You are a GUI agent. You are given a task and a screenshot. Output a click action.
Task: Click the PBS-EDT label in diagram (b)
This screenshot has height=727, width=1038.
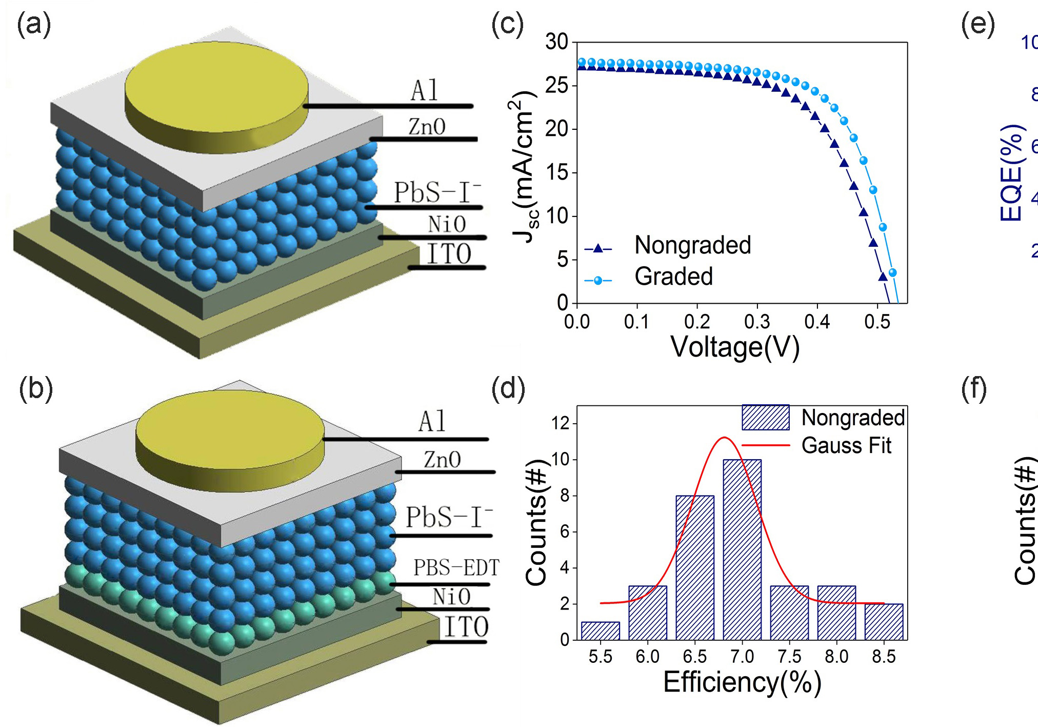tap(456, 568)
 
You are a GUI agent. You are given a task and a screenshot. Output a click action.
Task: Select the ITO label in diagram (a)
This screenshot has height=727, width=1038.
tap(449, 254)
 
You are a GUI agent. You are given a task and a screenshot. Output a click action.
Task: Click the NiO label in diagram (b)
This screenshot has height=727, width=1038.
tap(451, 597)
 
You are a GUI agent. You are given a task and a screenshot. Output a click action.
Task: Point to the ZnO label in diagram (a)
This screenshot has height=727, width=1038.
tap(427, 127)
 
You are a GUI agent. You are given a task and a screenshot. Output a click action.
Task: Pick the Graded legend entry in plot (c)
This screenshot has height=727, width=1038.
tap(673, 277)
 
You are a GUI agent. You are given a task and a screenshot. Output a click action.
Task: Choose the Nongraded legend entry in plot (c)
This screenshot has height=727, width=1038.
tap(692, 245)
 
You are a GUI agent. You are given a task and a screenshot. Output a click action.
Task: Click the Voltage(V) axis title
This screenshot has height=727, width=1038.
tap(734, 347)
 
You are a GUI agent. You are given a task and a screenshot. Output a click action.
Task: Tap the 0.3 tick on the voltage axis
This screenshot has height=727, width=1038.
tap(757, 322)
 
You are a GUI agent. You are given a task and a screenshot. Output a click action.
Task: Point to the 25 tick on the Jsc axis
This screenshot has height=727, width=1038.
tap(557, 85)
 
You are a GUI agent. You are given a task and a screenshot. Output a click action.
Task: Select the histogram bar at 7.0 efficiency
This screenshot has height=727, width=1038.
tap(742, 549)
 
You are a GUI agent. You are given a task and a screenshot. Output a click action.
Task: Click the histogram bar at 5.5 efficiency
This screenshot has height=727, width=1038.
tap(600, 631)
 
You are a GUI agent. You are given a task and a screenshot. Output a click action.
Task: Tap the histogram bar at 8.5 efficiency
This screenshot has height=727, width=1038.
tap(883, 622)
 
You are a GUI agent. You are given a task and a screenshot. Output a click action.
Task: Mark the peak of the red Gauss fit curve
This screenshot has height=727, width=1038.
tap(724, 438)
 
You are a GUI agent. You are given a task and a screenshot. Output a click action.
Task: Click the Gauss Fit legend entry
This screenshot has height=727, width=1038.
tap(846, 445)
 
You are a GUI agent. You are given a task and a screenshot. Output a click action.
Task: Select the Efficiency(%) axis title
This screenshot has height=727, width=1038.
tap(742, 682)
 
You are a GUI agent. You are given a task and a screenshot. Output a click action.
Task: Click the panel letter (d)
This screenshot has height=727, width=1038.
tap(508, 388)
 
